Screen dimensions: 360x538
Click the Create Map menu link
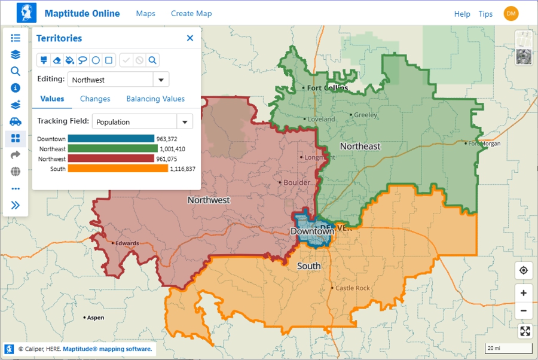click(191, 14)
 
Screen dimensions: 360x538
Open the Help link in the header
click(461, 14)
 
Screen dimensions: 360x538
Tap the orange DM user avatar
click(511, 14)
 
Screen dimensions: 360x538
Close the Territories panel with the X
click(190, 38)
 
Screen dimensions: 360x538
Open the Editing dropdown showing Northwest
click(161, 80)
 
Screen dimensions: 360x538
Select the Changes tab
click(95, 99)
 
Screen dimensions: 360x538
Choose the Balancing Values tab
click(155, 99)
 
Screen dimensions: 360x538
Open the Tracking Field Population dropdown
click(185, 122)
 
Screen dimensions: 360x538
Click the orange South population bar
click(118, 169)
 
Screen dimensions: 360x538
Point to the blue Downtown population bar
click(111, 139)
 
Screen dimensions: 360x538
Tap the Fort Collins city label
click(327, 88)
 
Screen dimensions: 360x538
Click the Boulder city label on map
click(296, 182)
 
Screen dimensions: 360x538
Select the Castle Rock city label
click(352, 288)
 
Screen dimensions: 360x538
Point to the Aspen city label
click(95, 318)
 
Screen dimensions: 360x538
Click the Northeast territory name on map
click(360, 147)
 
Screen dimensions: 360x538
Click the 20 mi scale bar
click(508, 348)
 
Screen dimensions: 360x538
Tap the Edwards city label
click(127, 243)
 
